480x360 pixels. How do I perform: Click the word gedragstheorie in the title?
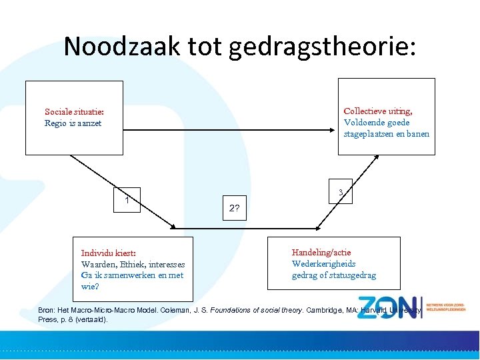tap(323, 46)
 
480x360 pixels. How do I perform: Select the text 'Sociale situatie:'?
tap(74, 112)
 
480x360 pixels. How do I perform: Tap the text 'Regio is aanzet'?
tap(73, 123)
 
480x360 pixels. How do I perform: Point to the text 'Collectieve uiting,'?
tap(377, 111)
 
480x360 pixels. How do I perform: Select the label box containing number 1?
tap(127, 199)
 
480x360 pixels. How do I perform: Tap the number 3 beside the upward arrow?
tap(340, 193)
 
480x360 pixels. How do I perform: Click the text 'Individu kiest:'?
tap(108, 253)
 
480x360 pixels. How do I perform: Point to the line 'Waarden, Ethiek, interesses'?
tap(133, 264)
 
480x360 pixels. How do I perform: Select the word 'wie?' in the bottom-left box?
tap(90, 287)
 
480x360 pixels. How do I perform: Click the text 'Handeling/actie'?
tap(321, 253)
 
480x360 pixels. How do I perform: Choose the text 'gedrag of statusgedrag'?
tap(333, 275)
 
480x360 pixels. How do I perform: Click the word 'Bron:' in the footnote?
tap(47, 311)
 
